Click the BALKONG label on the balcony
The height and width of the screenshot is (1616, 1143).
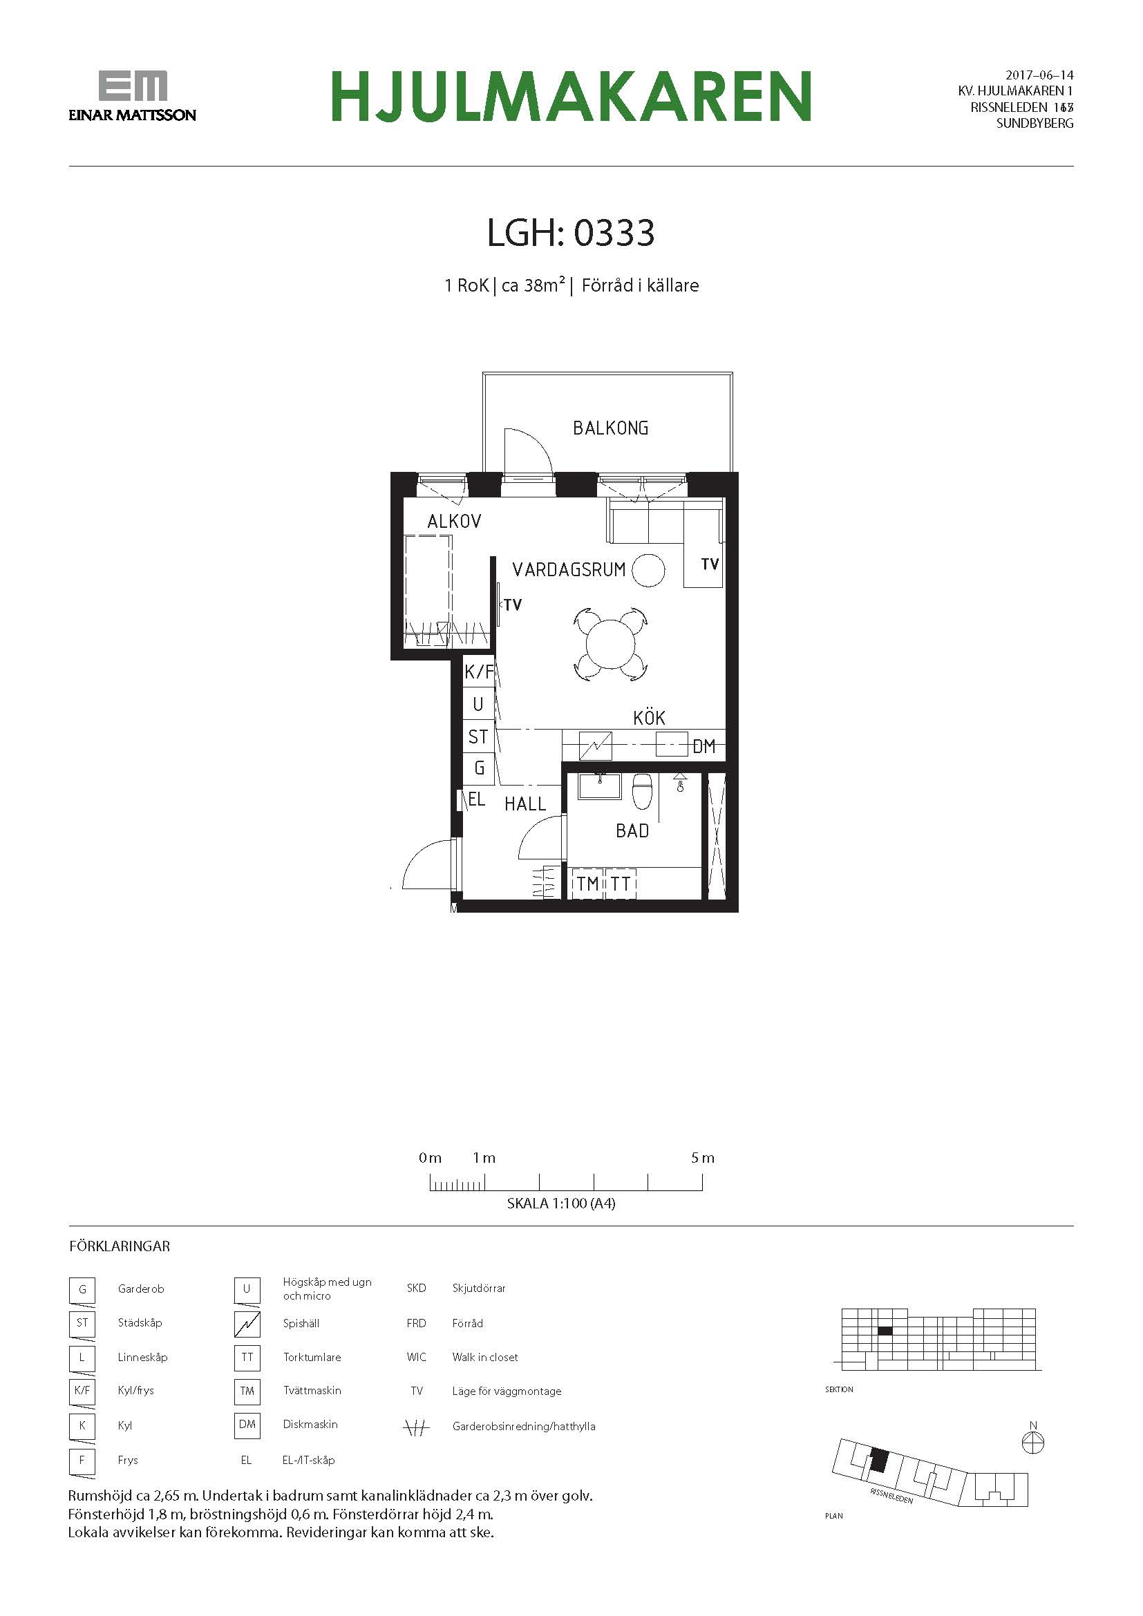tap(610, 428)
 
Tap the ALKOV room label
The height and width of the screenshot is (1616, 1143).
tap(454, 522)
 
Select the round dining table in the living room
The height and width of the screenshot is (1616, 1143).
tap(610, 645)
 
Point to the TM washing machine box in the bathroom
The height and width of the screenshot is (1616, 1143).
tap(587, 884)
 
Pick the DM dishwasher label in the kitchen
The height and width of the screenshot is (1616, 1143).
tap(703, 747)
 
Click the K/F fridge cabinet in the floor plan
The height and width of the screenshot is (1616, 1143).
tap(479, 672)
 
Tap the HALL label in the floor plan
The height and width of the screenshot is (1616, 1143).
tap(525, 804)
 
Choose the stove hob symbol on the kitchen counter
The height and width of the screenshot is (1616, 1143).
tap(595, 746)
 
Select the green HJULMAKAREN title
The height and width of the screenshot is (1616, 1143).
tap(571, 96)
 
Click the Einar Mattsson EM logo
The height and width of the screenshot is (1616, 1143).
tap(132, 96)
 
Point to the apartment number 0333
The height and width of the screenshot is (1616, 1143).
tap(614, 233)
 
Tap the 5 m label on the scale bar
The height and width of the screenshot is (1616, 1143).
tap(702, 1158)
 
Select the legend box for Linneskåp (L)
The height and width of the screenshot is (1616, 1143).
tap(82, 1357)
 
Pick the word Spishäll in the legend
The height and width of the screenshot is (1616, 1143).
tap(301, 1323)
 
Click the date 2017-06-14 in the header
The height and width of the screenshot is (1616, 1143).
tap(1039, 75)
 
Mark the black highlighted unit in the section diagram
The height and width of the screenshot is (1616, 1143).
tap(885, 1331)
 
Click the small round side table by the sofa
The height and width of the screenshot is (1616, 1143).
tap(648, 570)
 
